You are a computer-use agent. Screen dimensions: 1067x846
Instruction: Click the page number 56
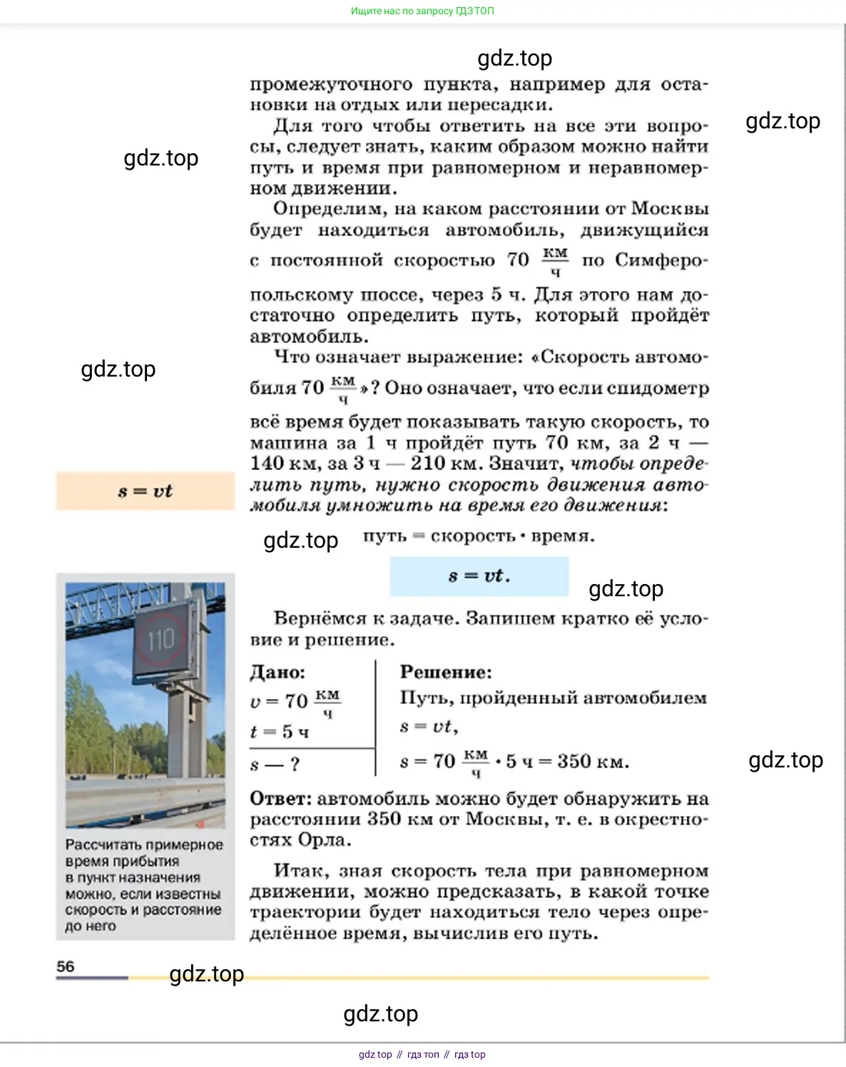(65, 966)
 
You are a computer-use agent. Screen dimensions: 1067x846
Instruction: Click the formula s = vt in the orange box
(145, 491)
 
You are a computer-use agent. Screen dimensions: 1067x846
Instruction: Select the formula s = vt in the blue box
(479, 576)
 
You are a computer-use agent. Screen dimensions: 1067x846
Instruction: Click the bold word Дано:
(277, 672)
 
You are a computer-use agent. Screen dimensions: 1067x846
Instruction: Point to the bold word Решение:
(446, 672)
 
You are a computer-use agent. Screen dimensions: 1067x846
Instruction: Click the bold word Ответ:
(281, 799)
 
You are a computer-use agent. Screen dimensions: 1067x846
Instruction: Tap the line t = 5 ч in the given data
(280, 732)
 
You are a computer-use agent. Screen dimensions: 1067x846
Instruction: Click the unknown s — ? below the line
(275, 765)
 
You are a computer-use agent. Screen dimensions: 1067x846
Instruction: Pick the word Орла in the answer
(324, 840)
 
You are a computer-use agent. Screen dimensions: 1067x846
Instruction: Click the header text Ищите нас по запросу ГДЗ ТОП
(422, 11)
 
